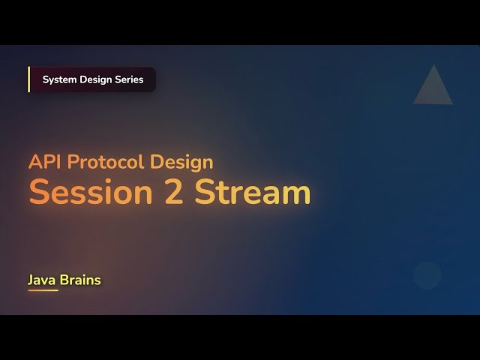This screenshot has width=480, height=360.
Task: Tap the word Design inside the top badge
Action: click(96, 79)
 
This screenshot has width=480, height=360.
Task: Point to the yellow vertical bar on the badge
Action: click(29, 79)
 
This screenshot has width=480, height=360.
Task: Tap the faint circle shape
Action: click(427, 275)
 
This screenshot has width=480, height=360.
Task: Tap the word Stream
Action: click(253, 193)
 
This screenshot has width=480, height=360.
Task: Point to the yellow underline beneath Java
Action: click(43, 290)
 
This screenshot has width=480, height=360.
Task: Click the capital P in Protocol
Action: click(71, 162)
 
